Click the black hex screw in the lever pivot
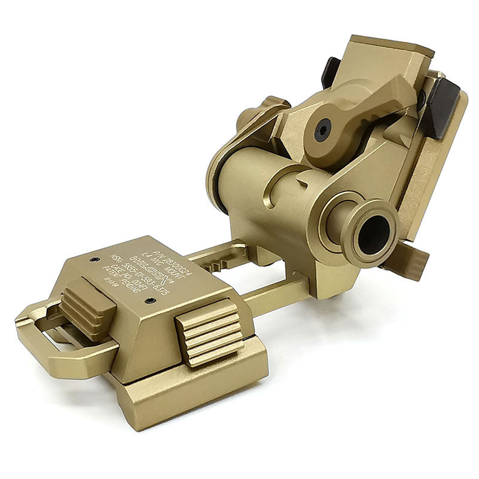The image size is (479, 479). pyautogui.click(x=323, y=130)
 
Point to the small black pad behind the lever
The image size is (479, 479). pyautogui.click(x=330, y=72)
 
